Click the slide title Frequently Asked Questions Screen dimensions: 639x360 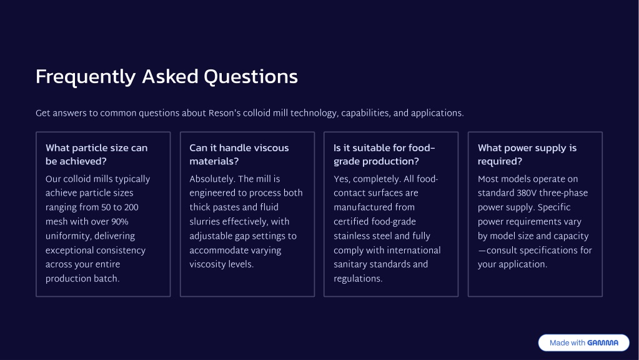(x=167, y=77)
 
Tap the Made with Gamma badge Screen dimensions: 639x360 (x=583, y=342)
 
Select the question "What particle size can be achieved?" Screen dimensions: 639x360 (x=97, y=154)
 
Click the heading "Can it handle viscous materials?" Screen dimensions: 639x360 (x=239, y=154)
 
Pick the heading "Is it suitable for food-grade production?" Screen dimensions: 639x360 (x=384, y=154)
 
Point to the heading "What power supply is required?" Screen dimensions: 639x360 (x=527, y=154)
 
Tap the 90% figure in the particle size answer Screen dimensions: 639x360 (x=119, y=222)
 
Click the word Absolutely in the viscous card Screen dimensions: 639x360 (x=212, y=179)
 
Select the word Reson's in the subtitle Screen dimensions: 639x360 (x=224, y=113)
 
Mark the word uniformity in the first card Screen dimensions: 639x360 (x=69, y=236)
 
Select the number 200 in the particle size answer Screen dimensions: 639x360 (x=131, y=207)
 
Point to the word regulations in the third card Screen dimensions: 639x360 (x=358, y=279)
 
